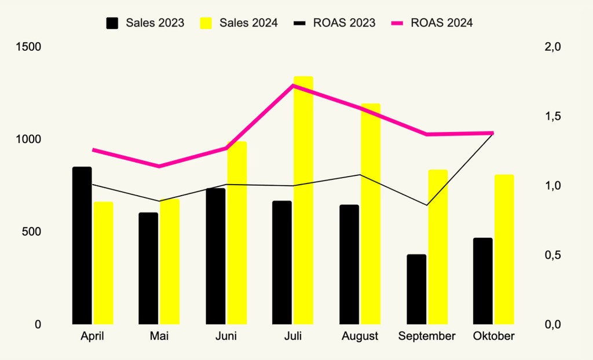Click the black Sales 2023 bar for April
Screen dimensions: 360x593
pyautogui.click(x=82, y=245)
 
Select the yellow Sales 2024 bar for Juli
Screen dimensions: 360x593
pyautogui.click(x=303, y=200)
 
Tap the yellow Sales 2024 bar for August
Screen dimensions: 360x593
pyautogui.click(x=371, y=214)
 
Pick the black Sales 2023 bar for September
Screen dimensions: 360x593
pyautogui.click(x=416, y=289)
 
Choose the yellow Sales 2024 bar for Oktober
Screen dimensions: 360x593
pyautogui.click(x=504, y=249)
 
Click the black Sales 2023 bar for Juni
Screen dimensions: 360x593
pyautogui.click(x=215, y=256)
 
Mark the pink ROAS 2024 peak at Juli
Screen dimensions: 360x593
pyautogui.click(x=294, y=86)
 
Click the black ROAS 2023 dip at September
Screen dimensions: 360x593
pyautogui.click(x=427, y=205)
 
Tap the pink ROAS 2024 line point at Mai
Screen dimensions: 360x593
pyautogui.click(x=159, y=166)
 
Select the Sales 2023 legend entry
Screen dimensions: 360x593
pyautogui.click(x=145, y=23)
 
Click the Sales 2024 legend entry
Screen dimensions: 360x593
pyautogui.click(x=239, y=23)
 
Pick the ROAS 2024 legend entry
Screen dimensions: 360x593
pyautogui.click(x=432, y=23)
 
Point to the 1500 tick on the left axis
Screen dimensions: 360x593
pyautogui.click(x=29, y=47)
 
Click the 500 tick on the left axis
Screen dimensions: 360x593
pyautogui.click(x=32, y=232)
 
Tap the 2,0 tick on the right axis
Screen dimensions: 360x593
pyautogui.click(x=554, y=47)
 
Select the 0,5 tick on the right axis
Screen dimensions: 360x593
pyautogui.click(x=554, y=255)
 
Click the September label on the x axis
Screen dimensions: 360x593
pyautogui.click(x=427, y=336)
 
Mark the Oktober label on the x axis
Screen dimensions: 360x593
pyautogui.click(x=494, y=336)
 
